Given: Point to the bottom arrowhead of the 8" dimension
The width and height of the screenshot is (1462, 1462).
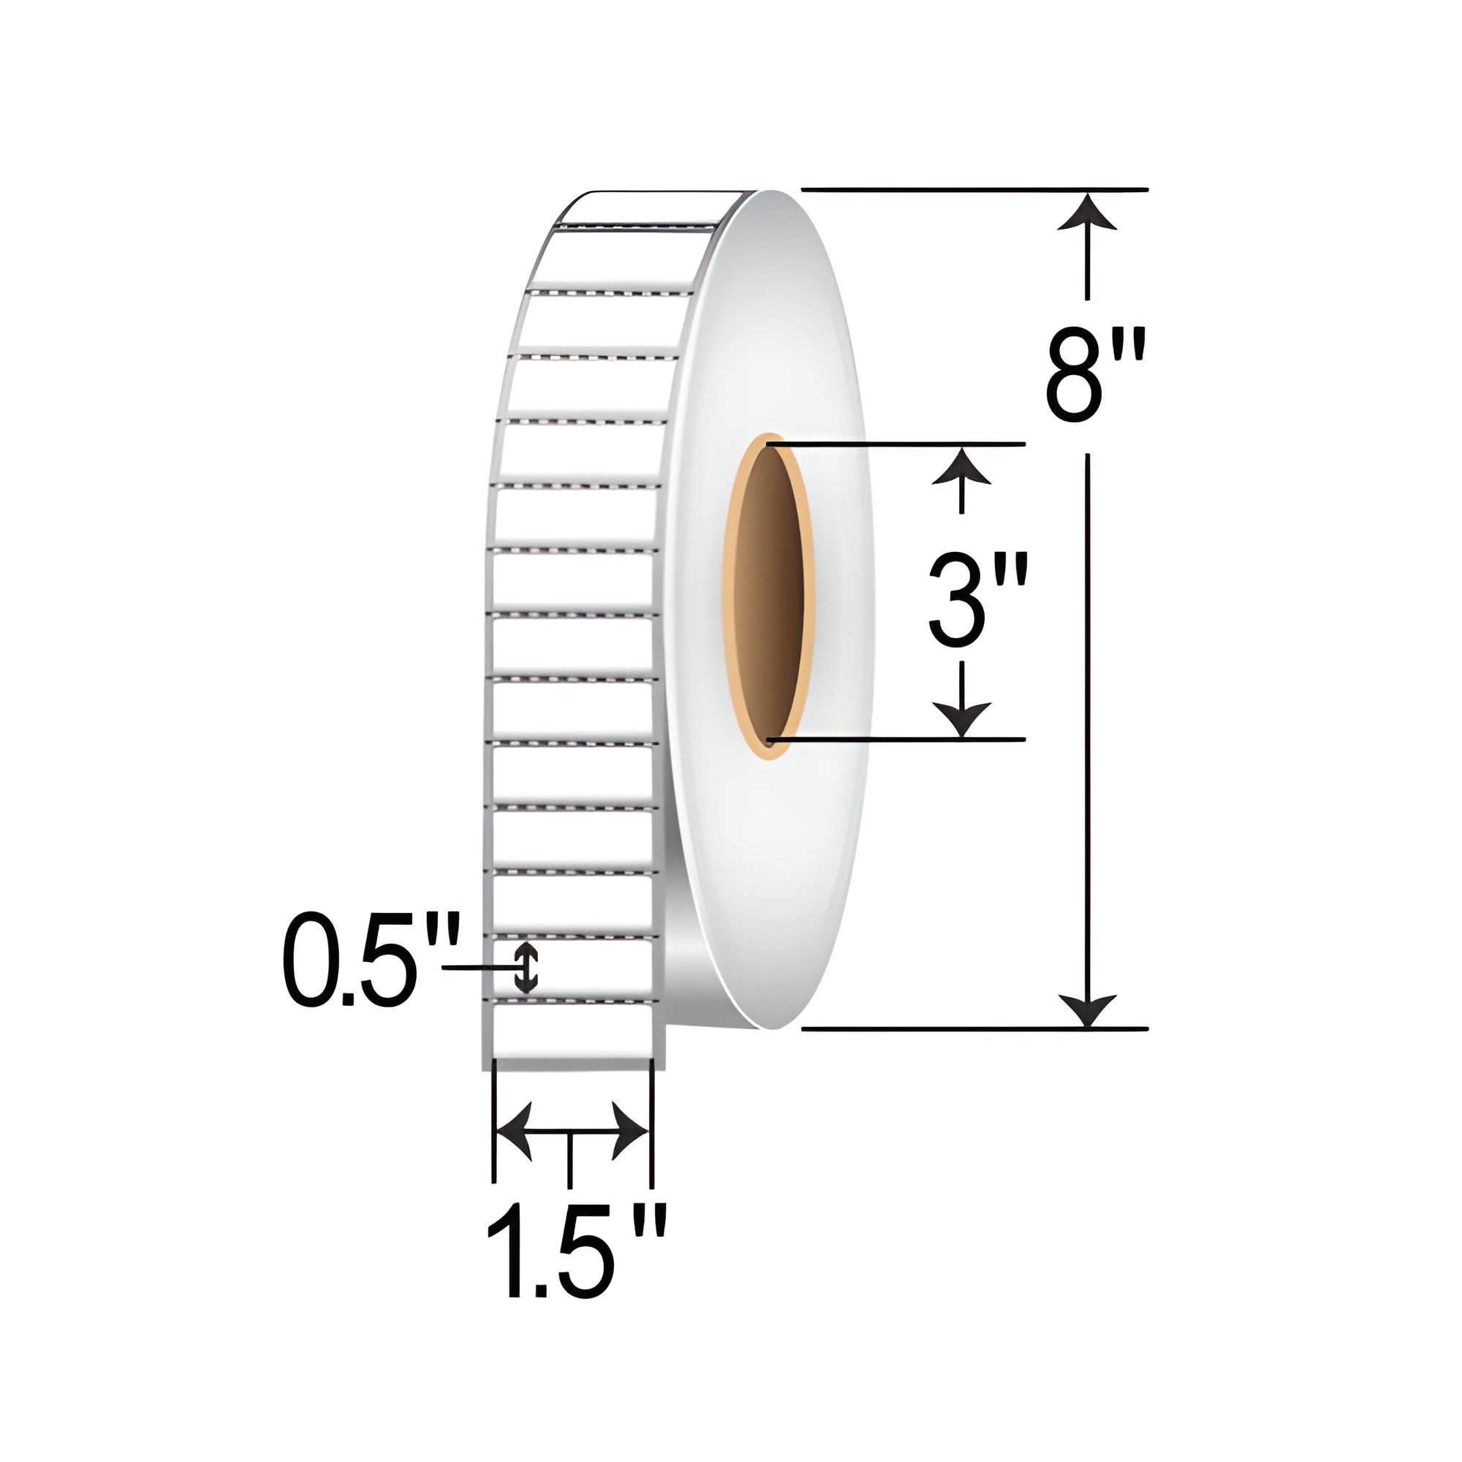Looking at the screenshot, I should click(1088, 1011).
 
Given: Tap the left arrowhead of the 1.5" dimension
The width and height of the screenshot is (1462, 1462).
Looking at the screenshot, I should click(515, 1132).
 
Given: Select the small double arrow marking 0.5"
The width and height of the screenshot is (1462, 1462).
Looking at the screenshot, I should click(526, 969).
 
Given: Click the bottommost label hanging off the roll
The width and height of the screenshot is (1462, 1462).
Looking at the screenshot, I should click(572, 1032).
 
